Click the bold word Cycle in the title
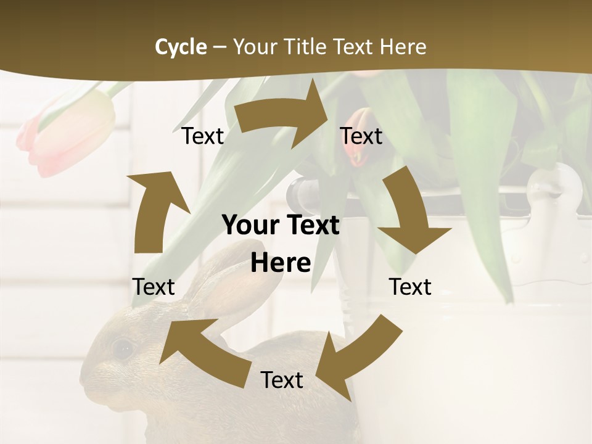pyautogui.click(x=181, y=47)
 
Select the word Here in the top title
pyautogui.click(x=403, y=47)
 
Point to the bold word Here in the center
pyautogui.click(x=281, y=263)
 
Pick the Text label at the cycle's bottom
pyautogui.click(x=282, y=380)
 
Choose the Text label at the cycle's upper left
pyautogui.click(x=203, y=136)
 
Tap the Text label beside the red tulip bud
pyautogui.click(x=361, y=136)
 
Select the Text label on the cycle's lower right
pyautogui.click(x=410, y=287)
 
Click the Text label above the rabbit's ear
pyautogui.click(x=154, y=287)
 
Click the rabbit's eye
pyautogui.click(x=123, y=348)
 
